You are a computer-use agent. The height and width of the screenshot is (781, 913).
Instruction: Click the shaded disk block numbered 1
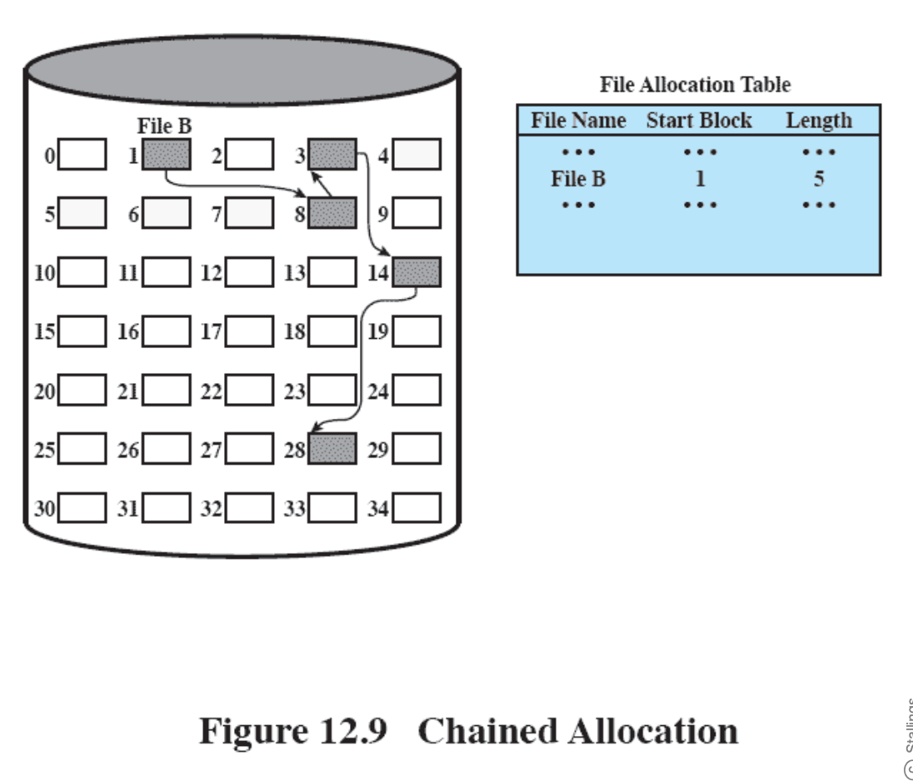pos(167,155)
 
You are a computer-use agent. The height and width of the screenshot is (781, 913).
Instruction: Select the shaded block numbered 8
pos(332,213)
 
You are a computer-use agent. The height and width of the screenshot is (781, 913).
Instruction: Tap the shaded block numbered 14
pos(417,272)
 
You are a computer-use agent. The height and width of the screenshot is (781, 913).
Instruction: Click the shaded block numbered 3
pos(332,155)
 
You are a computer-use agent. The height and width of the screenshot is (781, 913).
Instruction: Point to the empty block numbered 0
pos(82,155)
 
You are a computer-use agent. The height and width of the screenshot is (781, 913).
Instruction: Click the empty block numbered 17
pos(249,331)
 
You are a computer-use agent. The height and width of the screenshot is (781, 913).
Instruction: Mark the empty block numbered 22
pos(249,390)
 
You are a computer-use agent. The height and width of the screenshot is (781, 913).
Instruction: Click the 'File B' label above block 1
pos(164,127)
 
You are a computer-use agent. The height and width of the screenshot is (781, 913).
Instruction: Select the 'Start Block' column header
pos(699,121)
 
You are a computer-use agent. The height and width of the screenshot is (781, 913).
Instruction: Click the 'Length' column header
pos(819,121)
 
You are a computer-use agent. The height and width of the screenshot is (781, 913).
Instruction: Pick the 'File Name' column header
pos(579,121)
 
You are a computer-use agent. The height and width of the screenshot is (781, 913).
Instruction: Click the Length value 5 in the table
pos(819,179)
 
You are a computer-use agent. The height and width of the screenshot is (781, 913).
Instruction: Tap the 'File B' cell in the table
pos(579,179)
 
